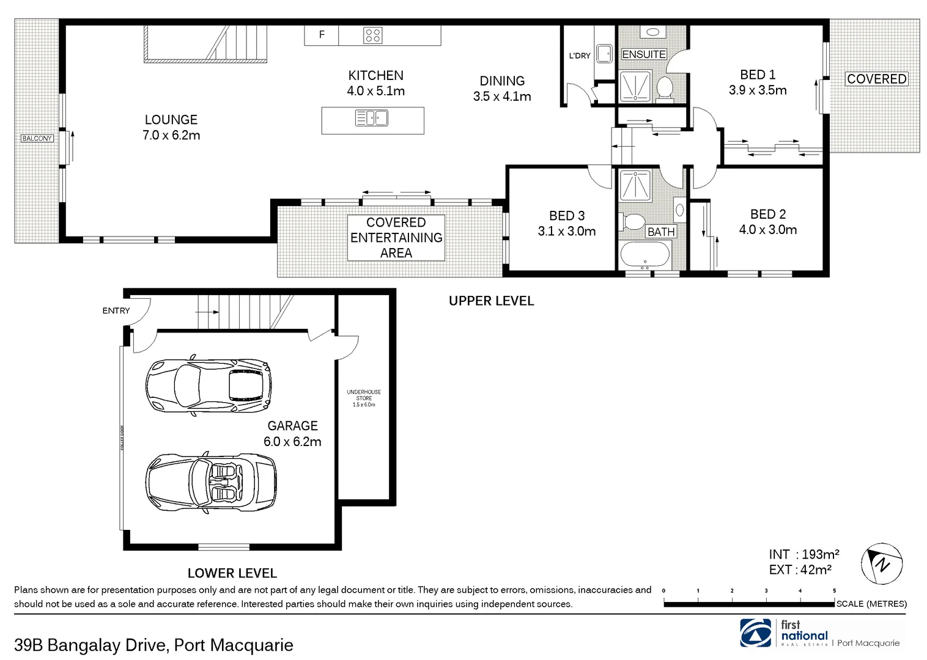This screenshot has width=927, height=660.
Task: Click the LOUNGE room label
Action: point(171,120)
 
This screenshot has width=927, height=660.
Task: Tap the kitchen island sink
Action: point(372,117)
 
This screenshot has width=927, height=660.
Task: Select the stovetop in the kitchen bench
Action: point(373,35)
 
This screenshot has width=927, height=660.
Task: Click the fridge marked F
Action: point(322,35)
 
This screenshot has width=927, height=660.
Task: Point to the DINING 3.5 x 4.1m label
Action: point(502,89)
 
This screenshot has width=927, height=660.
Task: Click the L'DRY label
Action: point(580,56)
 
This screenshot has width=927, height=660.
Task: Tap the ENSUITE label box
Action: point(644,54)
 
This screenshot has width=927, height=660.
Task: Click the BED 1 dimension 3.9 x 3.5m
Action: point(758,90)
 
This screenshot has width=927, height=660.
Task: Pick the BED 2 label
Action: point(768,214)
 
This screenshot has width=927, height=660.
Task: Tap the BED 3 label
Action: point(567,216)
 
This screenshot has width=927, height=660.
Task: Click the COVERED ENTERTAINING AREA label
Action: point(396,238)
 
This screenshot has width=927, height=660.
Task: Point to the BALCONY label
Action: point(37,139)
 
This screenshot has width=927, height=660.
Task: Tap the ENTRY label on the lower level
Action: point(116,310)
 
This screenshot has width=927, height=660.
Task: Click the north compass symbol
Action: point(882,562)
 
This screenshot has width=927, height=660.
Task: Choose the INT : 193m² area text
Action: point(804,554)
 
